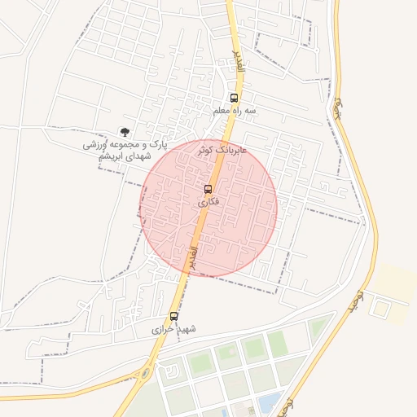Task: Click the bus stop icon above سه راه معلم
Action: [234, 99]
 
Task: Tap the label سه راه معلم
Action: [235, 110]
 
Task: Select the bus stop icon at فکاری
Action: [207, 189]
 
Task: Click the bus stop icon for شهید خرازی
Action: [173, 316]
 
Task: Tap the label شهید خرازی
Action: [174, 329]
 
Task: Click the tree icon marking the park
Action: [124, 131]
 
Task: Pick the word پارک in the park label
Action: [158, 144]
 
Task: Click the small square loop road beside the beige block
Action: [379, 308]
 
